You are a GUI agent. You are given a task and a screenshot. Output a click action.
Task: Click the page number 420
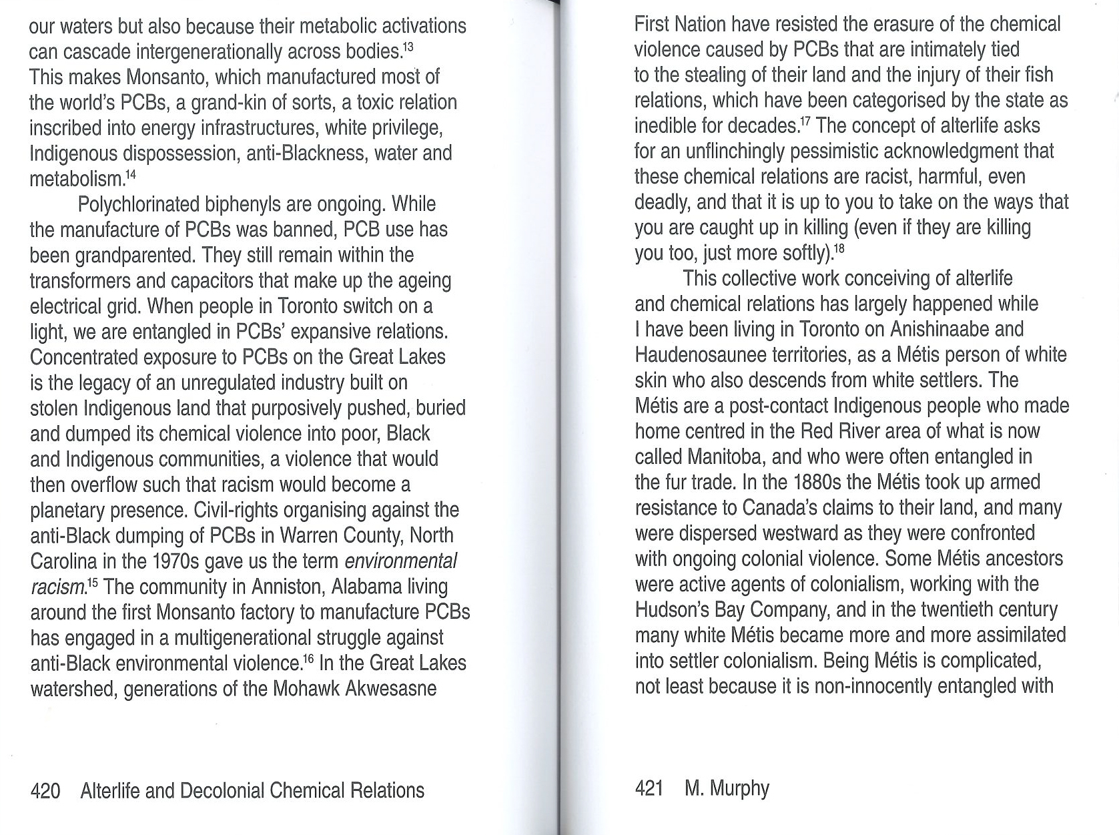[x=45, y=791]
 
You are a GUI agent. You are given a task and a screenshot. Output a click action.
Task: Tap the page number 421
[x=649, y=788]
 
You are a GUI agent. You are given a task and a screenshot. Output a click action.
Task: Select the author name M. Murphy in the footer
[x=727, y=788]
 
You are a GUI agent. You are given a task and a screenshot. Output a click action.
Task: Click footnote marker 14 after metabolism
[x=131, y=174]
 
